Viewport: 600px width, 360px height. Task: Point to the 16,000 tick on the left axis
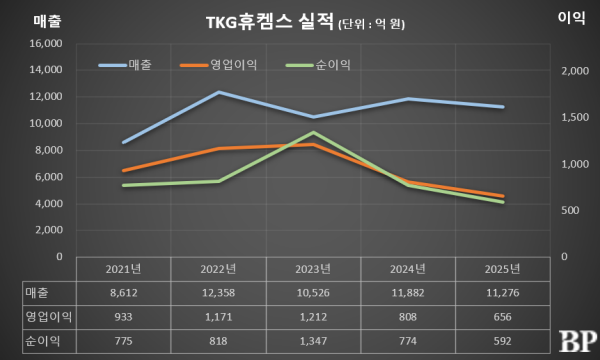pyautogui.click(x=45, y=44)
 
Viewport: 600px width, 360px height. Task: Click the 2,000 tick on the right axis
pyautogui.click(x=577, y=71)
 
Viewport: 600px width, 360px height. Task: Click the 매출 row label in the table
pyautogui.click(x=36, y=292)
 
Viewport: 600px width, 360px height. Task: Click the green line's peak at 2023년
pyautogui.click(x=314, y=132)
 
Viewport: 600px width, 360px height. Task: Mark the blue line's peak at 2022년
pyautogui.click(x=219, y=92)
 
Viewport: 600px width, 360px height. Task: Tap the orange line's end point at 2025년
pyautogui.click(x=503, y=196)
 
